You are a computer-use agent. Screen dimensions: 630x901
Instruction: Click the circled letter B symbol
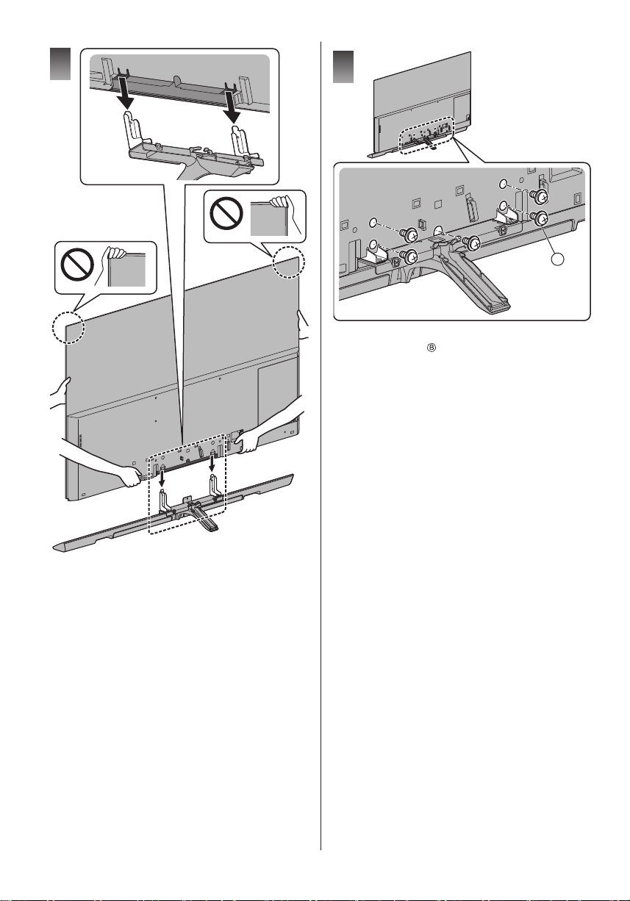432,348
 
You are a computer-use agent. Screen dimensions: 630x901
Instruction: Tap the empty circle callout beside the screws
557,259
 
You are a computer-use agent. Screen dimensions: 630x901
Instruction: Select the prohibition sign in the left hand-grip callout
77,265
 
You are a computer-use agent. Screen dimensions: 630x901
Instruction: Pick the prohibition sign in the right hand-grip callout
226,213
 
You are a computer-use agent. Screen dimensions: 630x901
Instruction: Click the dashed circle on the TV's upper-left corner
68,328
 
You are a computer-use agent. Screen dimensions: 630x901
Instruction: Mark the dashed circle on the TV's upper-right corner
288,262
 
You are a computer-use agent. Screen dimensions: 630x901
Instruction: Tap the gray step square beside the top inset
60,64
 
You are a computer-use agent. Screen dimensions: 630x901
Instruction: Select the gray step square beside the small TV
343,67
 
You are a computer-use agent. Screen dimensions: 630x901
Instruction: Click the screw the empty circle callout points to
539,218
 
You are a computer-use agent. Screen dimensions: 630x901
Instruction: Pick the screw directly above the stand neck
470,242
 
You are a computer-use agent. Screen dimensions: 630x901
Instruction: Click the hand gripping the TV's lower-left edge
128,475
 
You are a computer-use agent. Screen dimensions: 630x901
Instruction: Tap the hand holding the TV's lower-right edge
246,440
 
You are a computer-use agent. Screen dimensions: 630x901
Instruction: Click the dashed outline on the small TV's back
426,135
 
